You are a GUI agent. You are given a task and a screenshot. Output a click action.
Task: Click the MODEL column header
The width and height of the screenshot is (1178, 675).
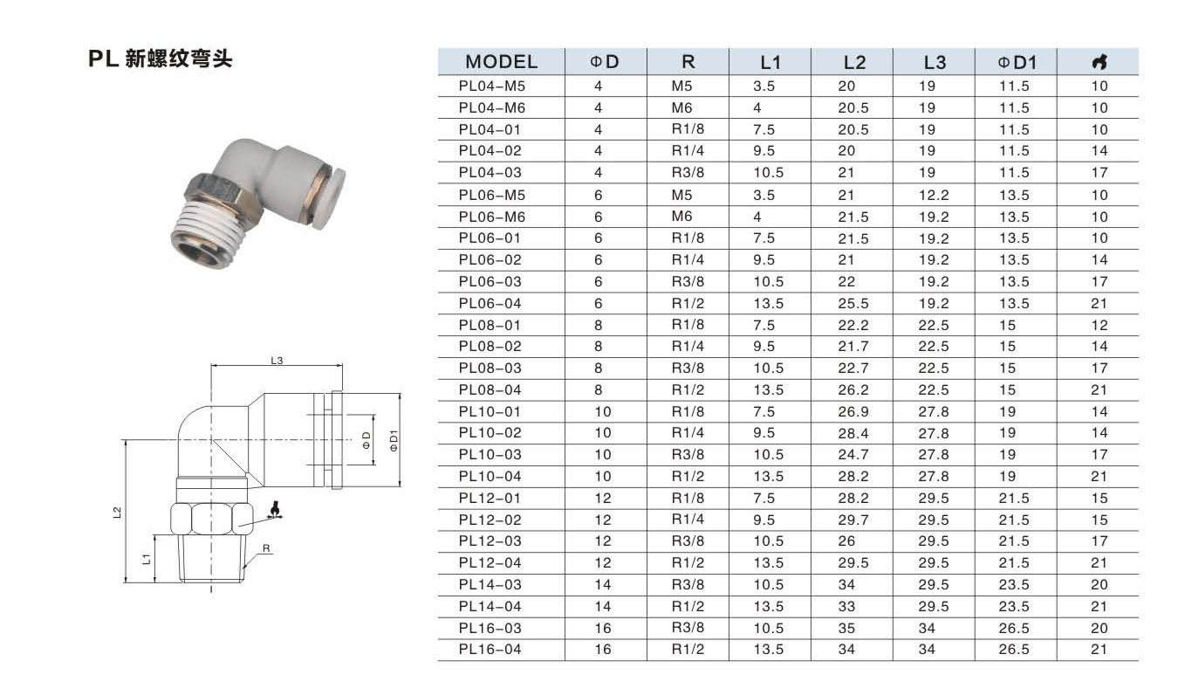(x=501, y=62)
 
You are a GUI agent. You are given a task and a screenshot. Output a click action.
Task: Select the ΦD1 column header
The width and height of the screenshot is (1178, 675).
(x=1017, y=63)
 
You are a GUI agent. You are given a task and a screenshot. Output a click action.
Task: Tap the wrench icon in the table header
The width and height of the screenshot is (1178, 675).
(x=1099, y=62)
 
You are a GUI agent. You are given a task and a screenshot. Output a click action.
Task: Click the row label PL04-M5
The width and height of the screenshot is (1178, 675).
(x=492, y=86)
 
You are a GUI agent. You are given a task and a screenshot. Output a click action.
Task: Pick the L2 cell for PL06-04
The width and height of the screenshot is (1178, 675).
(x=853, y=304)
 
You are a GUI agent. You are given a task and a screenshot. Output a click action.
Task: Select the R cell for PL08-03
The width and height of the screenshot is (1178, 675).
(x=688, y=368)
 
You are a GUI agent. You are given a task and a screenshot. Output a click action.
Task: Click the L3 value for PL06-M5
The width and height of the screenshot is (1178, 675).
(x=934, y=196)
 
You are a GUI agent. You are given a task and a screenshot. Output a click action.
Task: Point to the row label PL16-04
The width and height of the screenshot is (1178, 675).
(x=490, y=649)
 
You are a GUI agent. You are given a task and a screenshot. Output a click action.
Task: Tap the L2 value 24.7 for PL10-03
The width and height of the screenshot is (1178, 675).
(x=853, y=455)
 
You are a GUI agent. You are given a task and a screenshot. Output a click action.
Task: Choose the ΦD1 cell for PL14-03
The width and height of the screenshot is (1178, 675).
(x=1014, y=584)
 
